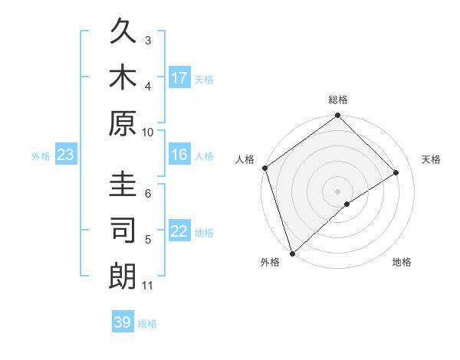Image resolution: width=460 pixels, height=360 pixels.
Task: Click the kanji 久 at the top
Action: pyautogui.click(x=123, y=32)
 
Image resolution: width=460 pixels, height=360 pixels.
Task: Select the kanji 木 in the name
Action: pyautogui.click(x=123, y=77)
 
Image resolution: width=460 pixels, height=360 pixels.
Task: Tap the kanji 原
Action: pyautogui.click(x=123, y=123)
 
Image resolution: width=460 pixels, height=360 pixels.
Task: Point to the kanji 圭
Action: pyautogui.click(x=123, y=186)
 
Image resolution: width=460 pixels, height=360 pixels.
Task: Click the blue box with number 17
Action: pyautogui.click(x=179, y=78)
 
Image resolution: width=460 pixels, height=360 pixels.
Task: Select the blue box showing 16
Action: pyautogui.click(x=179, y=155)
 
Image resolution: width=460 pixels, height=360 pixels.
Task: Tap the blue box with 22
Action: pyautogui.click(x=179, y=231)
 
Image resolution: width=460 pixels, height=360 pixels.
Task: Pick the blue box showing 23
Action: pyautogui.click(x=66, y=155)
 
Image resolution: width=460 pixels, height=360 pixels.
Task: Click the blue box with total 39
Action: pyautogui.click(x=123, y=322)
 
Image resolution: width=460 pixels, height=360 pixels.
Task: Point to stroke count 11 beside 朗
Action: pyautogui.click(x=148, y=286)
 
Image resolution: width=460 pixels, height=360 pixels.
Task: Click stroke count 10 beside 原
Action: pyautogui.click(x=148, y=132)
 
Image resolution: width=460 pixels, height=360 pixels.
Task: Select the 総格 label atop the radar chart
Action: pyautogui.click(x=337, y=100)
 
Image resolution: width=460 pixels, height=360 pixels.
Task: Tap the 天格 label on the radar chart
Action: pyautogui.click(x=431, y=159)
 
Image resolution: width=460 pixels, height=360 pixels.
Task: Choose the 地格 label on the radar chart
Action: pyautogui.click(x=402, y=263)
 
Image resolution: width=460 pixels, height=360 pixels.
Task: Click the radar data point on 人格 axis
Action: pyautogui.click(x=264, y=168)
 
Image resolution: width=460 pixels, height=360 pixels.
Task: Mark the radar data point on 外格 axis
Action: pyautogui.click(x=292, y=253)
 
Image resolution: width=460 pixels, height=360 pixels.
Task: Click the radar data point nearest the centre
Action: pyautogui.click(x=347, y=204)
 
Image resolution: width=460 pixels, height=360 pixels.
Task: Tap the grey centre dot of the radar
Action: pyautogui.click(x=337, y=191)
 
